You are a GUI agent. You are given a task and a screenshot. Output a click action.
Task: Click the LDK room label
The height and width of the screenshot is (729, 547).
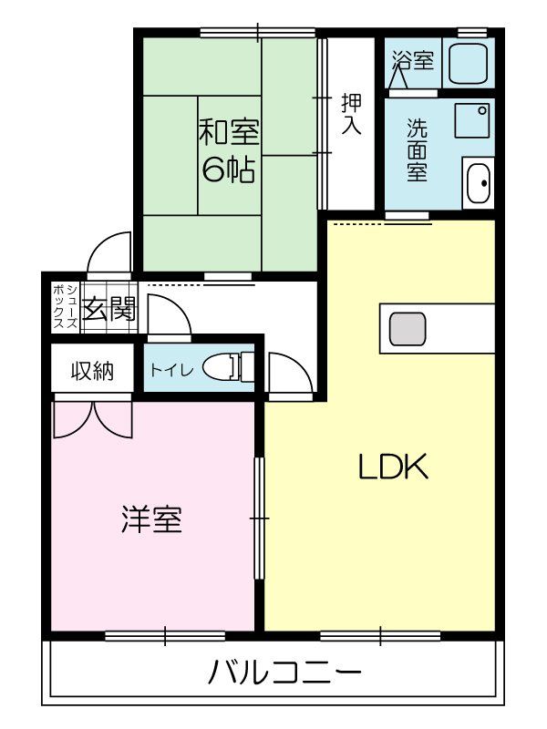[x=392, y=467]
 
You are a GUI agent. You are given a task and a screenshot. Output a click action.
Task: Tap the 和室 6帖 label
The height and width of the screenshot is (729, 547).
[x=229, y=150]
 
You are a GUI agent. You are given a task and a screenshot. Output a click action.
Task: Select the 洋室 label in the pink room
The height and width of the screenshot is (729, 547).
[x=151, y=519]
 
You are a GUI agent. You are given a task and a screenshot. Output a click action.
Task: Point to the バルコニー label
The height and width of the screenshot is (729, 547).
[x=284, y=674]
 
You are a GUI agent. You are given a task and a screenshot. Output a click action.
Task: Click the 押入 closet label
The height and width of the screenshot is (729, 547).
[x=351, y=114]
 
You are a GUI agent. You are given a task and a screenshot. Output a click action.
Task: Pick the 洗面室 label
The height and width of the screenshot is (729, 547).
[x=417, y=150]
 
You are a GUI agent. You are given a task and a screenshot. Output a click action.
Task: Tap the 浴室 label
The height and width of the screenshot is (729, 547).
[x=413, y=61]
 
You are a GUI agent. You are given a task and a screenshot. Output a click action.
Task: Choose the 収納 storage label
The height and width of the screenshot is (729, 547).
[x=93, y=371]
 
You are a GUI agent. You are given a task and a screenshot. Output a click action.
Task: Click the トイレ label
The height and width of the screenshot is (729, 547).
[x=170, y=370]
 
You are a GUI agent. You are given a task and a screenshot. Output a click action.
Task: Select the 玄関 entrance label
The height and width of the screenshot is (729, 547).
[x=109, y=310]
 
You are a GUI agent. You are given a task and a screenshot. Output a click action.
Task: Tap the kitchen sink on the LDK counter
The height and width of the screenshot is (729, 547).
[x=408, y=328]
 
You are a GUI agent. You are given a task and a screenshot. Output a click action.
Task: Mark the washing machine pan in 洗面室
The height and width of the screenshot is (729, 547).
[x=472, y=119]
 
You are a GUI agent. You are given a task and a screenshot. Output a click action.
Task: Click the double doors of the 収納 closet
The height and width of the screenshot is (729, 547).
[x=93, y=417]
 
